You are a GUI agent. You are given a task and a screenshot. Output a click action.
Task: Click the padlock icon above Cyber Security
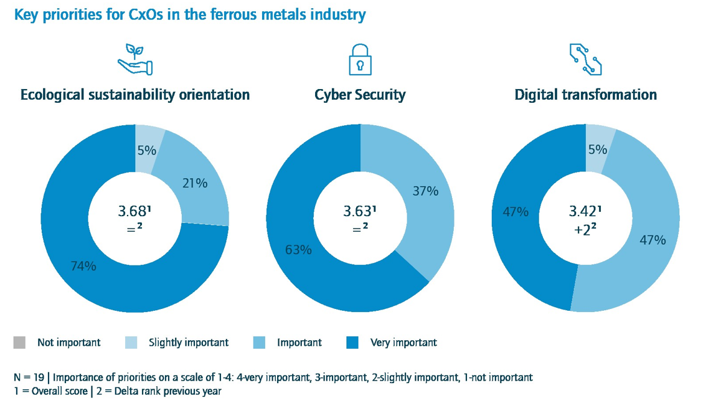pos(360,59)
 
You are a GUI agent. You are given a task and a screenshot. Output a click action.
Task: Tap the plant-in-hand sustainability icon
pos(135,59)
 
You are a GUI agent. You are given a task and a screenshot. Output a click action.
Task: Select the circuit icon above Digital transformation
pos(585,59)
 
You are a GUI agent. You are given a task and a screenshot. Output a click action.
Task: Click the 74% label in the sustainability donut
pos(83,266)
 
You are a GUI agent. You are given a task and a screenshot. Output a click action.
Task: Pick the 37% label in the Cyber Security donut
pos(426,191)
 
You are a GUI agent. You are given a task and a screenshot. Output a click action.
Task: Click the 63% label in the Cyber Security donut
pos(298,250)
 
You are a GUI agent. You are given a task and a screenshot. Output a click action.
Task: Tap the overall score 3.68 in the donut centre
pos(134,211)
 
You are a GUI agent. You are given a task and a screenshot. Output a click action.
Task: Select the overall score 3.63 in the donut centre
pos(359,211)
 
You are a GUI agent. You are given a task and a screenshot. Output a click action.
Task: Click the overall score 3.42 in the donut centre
pos(584,211)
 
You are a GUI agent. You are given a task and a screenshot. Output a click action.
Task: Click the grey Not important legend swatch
pos(20,342)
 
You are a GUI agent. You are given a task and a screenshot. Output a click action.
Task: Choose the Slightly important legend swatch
pos(131,342)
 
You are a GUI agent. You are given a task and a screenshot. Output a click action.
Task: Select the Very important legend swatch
pos(352,342)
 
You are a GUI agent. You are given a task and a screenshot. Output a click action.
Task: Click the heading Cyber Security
pos(360,95)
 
